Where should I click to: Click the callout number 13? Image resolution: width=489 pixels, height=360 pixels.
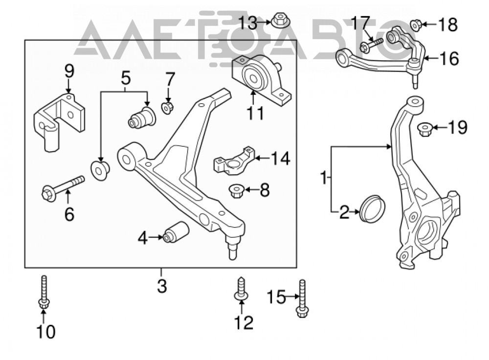[x=248, y=23]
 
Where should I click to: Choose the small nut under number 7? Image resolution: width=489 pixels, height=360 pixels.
[x=167, y=108]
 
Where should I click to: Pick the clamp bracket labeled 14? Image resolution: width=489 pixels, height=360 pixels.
[x=234, y=160]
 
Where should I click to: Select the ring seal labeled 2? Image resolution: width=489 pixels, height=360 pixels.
[x=372, y=209]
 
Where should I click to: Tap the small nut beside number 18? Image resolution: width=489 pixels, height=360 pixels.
[x=416, y=25]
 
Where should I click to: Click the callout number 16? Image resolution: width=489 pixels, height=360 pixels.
[x=450, y=59]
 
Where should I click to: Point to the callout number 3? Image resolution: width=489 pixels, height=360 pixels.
[x=162, y=286]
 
